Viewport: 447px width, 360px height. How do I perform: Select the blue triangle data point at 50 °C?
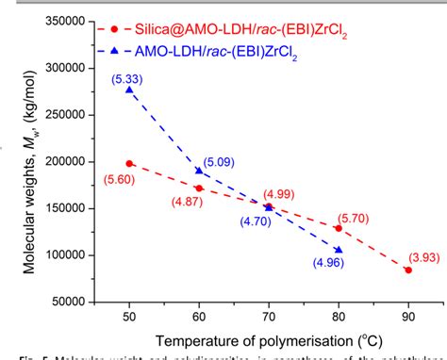[129, 90]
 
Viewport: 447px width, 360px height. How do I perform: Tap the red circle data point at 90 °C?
[407, 270]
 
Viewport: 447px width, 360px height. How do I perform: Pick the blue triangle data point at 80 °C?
[339, 250]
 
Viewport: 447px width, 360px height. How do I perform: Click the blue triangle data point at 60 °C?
[199, 171]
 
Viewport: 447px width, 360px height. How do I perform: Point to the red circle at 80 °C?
[339, 228]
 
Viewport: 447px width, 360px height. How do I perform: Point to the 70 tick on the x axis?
[269, 315]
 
